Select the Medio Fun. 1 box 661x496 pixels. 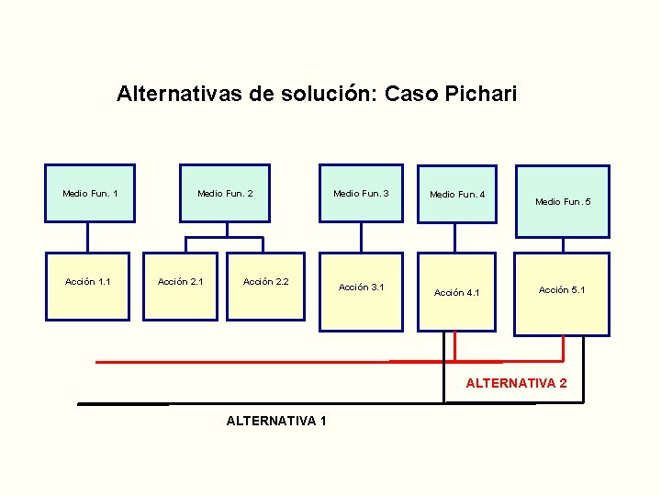tap(90, 193)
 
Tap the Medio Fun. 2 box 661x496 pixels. tap(225, 193)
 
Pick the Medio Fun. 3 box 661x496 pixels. tap(361, 193)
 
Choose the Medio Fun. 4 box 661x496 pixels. tap(457, 194)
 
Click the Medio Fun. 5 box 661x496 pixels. tap(563, 201)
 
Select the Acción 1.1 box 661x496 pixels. tap(88, 286)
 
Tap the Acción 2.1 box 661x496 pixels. tap(181, 286)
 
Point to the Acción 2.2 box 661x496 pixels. tap(266, 286)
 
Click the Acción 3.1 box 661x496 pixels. tap(362, 290)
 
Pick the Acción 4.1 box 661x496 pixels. tap(457, 293)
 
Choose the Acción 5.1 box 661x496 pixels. tap(562, 294)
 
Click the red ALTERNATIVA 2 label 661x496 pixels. tap(516, 383)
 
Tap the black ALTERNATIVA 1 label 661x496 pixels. tap(276, 421)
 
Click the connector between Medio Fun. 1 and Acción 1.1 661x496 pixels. tap(88, 237)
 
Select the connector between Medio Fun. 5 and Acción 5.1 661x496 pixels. tap(562, 244)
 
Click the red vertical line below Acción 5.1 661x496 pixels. tap(563, 348)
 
